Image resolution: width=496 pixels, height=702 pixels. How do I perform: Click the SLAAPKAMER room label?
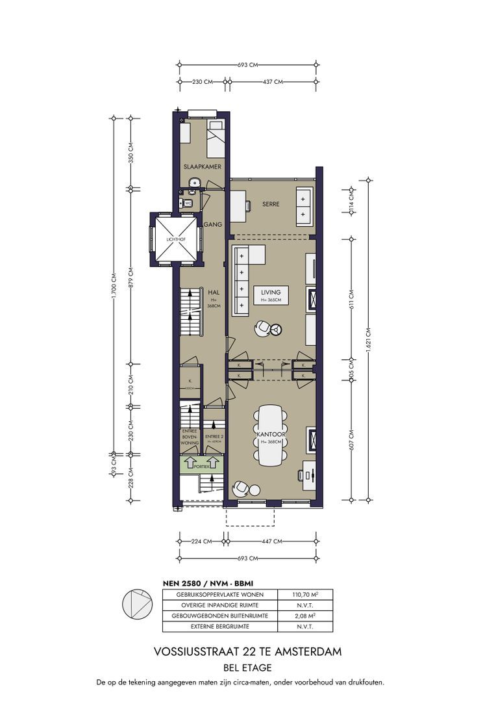203,167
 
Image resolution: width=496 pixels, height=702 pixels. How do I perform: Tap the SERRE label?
271,203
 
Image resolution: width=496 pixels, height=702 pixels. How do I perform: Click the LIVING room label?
271,292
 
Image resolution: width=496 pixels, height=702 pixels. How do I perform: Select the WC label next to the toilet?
188,203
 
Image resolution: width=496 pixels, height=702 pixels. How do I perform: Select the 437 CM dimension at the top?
271,82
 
